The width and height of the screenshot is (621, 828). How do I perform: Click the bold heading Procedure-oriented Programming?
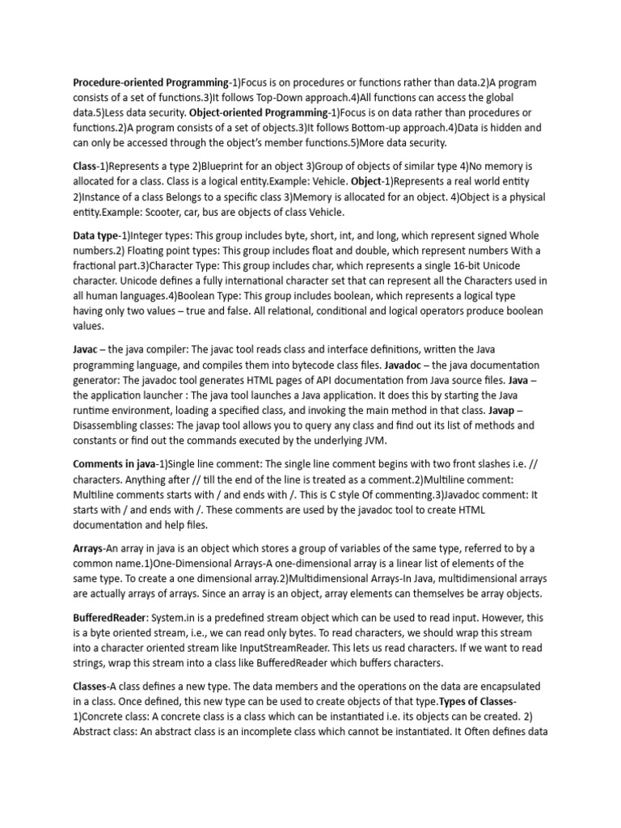tap(150, 82)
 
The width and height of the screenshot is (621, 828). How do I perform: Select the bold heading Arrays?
tap(89, 548)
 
